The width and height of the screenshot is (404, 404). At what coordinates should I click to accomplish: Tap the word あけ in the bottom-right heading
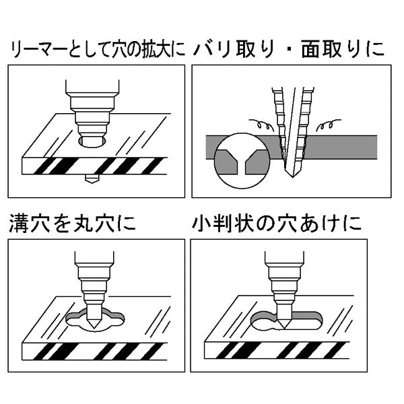coord(330,222)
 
